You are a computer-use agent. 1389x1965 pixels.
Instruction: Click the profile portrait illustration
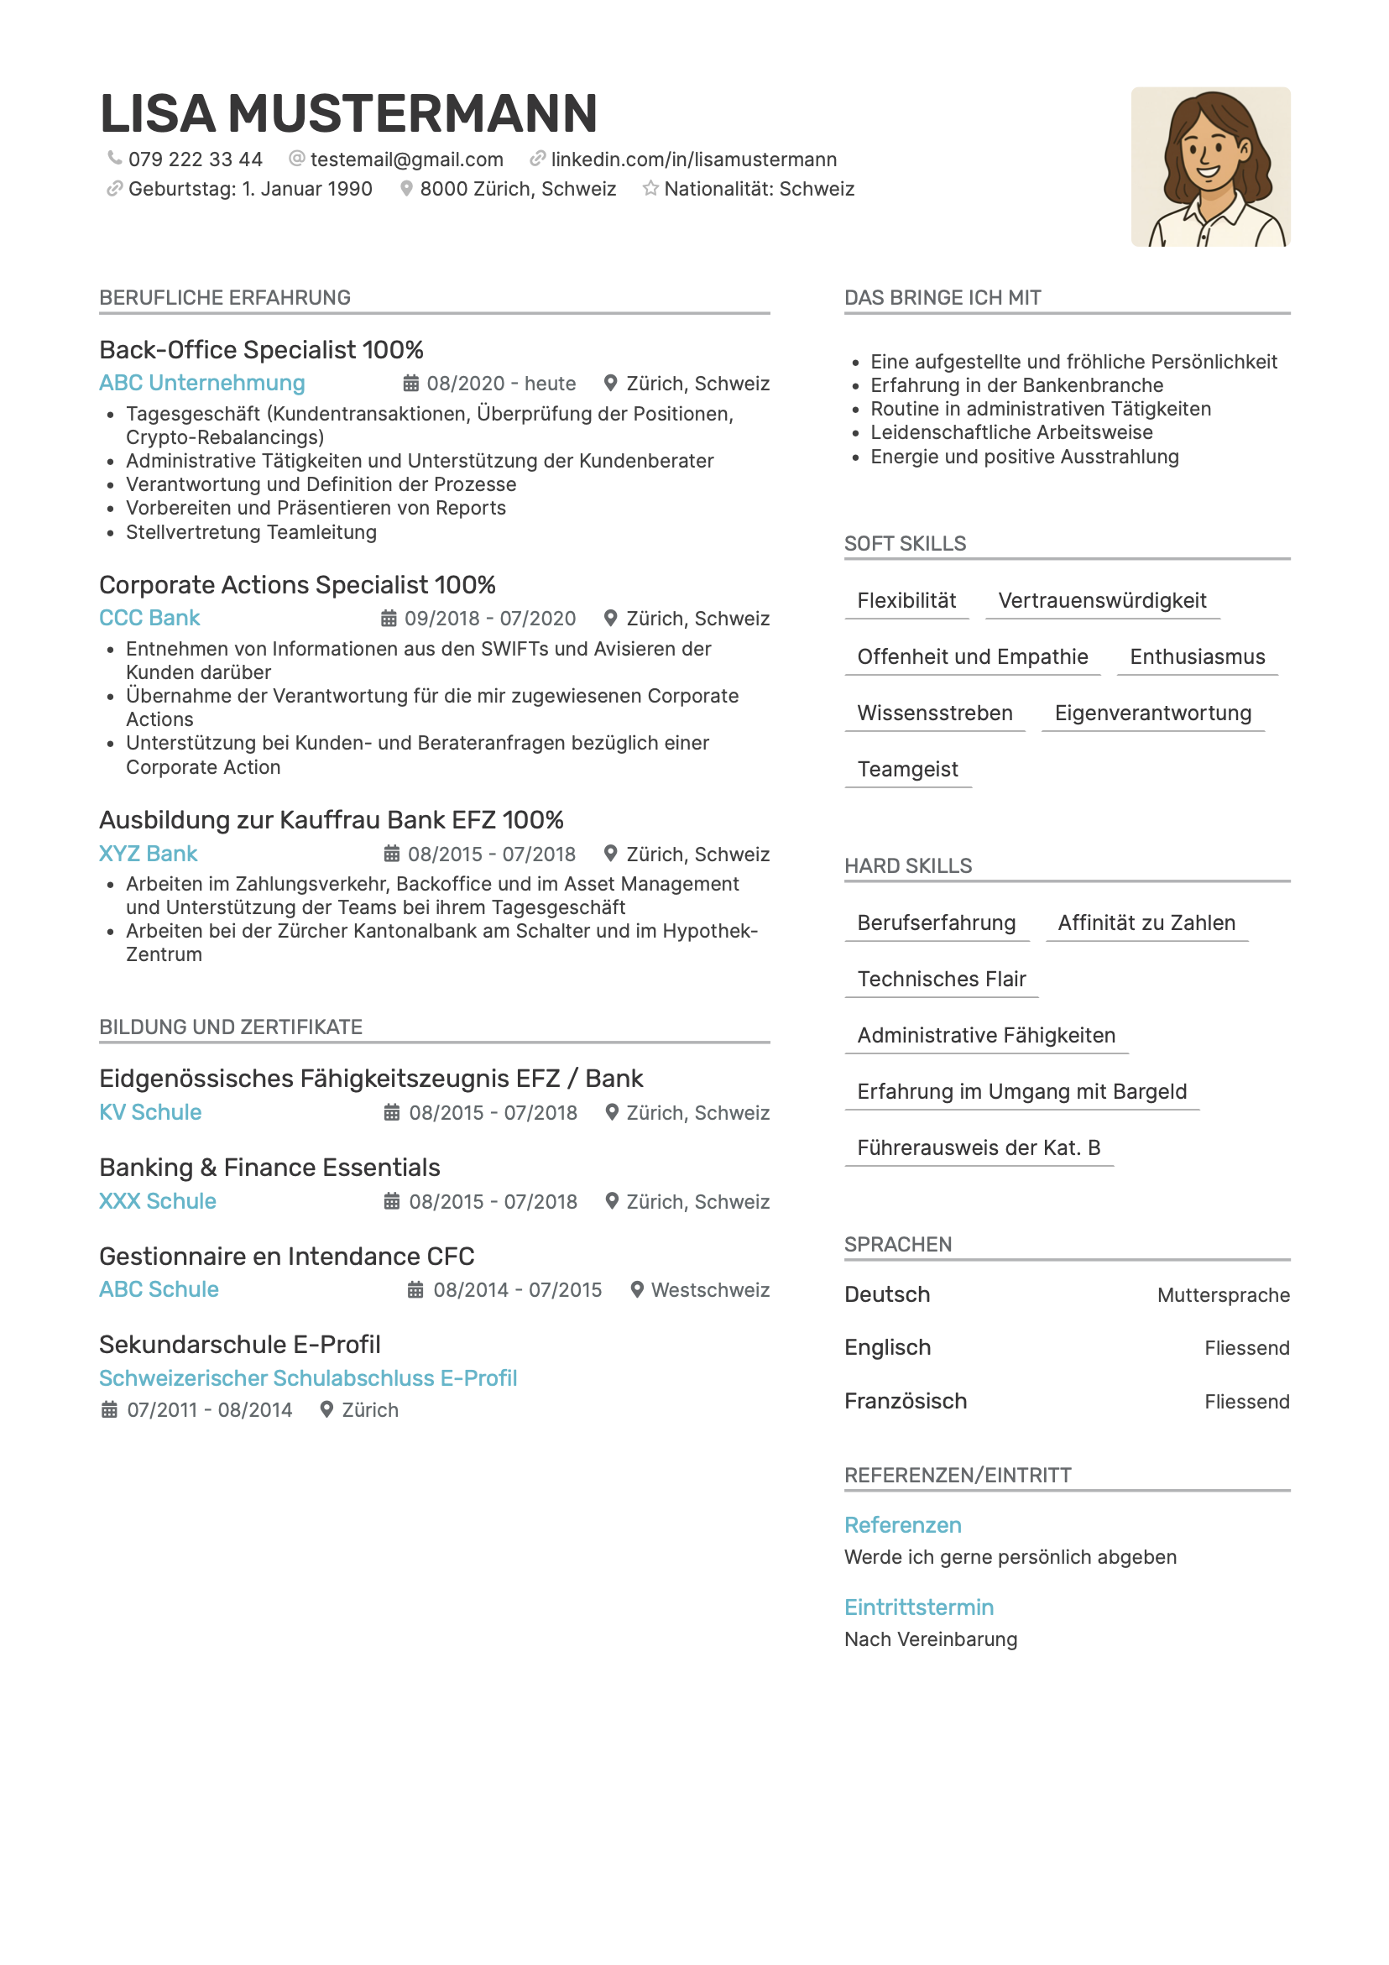click(x=1209, y=167)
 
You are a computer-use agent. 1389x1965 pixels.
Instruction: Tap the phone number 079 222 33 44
click(x=195, y=160)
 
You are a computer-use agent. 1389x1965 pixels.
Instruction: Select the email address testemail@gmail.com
click(x=406, y=160)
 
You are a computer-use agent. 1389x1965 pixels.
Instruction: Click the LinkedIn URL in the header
click(x=693, y=160)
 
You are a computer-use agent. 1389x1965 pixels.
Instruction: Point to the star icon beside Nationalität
click(x=650, y=188)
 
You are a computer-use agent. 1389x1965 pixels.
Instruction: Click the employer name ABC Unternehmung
click(x=202, y=383)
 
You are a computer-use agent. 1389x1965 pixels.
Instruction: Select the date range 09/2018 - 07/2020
click(x=489, y=618)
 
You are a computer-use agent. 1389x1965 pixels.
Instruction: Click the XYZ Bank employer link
click(x=148, y=854)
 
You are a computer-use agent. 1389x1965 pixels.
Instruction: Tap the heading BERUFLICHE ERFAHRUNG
click(x=225, y=298)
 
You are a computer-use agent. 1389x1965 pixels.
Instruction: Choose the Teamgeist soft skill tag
click(x=907, y=770)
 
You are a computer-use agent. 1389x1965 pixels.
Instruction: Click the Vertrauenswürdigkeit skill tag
click(x=1101, y=601)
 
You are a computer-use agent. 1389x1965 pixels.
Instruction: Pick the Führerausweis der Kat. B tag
click(x=979, y=1147)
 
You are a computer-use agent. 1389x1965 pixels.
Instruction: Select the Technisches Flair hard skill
click(x=941, y=979)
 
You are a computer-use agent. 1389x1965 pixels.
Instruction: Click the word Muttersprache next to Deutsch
click(x=1223, y=1295)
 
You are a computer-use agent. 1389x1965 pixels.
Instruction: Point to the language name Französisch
click(x=906, y=1401)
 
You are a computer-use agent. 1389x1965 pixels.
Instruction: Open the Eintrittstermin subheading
click(x=918, y=1607)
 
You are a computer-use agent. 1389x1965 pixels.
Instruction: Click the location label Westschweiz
click(x=710, y=1290)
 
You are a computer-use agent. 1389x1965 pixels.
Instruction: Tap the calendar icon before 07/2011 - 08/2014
click(x=110, y=1409)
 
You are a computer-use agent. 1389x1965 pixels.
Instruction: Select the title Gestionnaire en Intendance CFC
click(x=287, y=1257)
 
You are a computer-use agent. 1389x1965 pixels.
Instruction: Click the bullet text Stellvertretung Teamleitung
click(x=251, y=532)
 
